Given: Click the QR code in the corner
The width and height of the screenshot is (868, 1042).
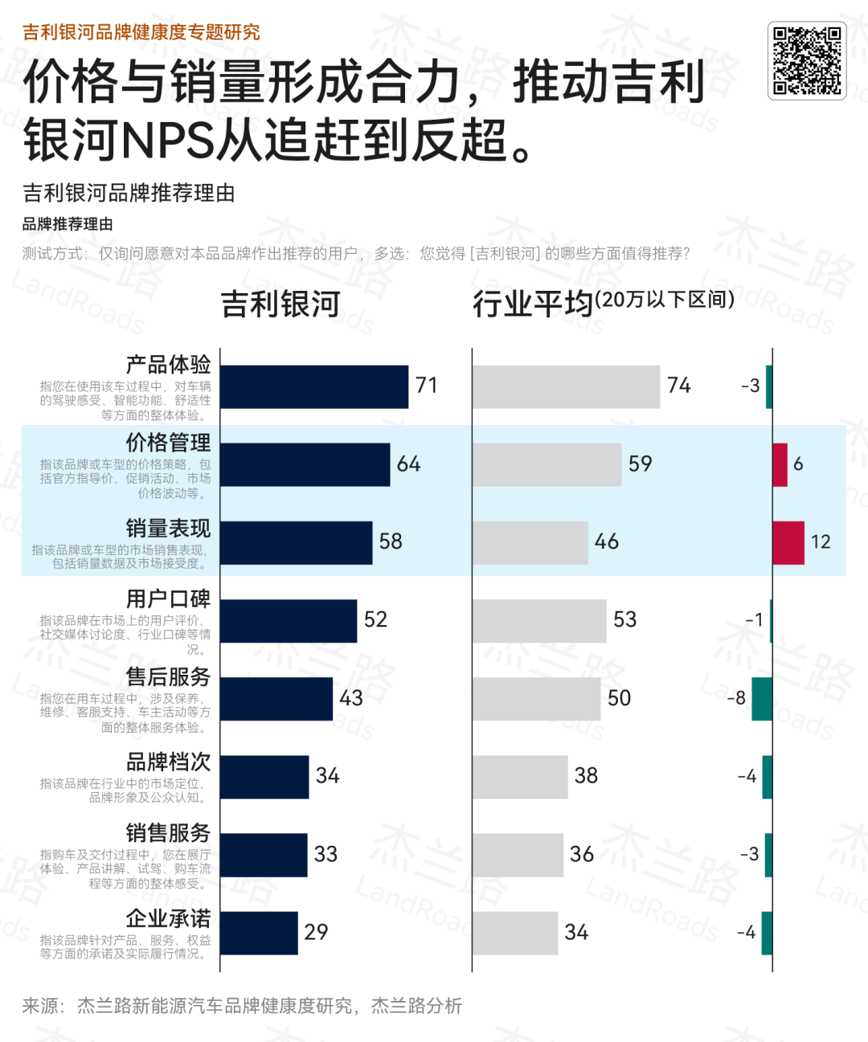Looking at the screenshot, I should pos(807,60).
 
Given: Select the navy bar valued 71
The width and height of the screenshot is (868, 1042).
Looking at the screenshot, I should pos(314,386).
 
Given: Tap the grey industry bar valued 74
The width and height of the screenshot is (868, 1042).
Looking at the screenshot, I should pos(566,386).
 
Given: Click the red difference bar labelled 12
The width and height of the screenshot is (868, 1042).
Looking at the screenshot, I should pos(788,542).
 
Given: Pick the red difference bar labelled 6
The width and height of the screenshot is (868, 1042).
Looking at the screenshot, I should pos(780,464).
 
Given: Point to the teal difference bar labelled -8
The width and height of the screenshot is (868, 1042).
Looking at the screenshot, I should pos(762,698).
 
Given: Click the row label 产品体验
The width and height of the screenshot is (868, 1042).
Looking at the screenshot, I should pos(168,365).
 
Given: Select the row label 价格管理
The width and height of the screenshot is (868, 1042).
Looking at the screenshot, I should pos(168,443).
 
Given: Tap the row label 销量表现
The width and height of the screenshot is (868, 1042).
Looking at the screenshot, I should pos(168,528).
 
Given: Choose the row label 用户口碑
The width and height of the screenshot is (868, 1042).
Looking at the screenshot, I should pos(168,599).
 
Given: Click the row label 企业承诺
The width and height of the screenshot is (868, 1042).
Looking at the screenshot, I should pos(168,918).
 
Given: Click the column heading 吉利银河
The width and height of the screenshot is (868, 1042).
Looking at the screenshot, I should pos(280,304).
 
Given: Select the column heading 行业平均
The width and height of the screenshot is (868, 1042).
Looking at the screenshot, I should pos(532,304).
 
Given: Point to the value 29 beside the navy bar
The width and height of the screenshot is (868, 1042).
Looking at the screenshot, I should pos(316,932).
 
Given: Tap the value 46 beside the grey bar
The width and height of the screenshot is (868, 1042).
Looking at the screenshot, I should pos(607,542).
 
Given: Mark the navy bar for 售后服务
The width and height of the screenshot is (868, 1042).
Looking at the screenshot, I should pos(276,698).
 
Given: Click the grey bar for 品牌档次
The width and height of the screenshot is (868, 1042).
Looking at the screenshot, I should pos(520,776).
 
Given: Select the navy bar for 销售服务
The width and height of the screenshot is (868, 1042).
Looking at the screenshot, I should pos(264,854).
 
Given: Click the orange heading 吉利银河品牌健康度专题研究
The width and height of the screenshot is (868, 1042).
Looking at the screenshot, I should pos(141,32).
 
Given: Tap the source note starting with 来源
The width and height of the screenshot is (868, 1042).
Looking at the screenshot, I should pos(242,1006).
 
